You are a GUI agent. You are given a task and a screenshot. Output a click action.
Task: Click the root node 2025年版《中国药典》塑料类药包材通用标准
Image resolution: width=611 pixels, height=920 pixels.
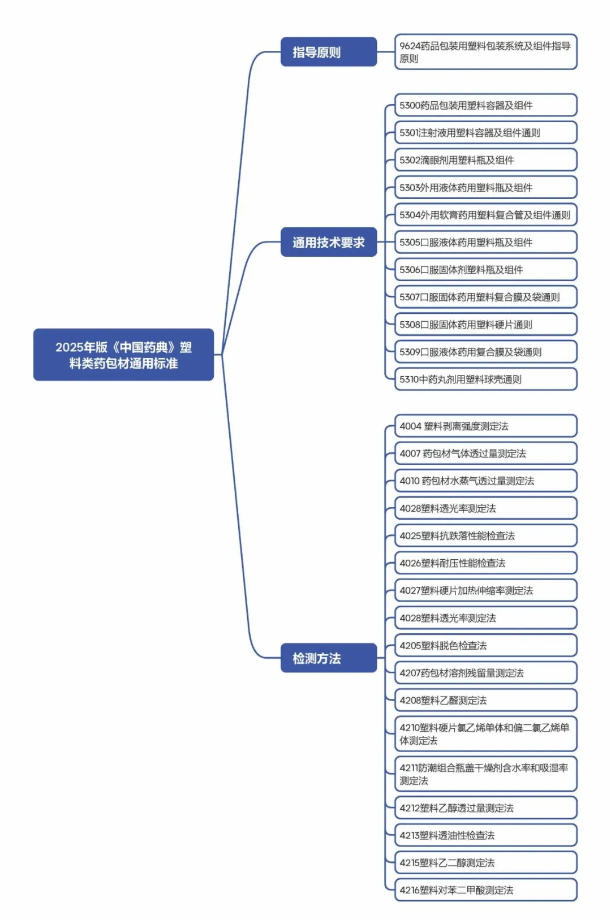point(123,355)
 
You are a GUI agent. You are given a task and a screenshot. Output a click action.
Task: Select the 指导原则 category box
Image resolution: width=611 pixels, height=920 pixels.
point(328,52)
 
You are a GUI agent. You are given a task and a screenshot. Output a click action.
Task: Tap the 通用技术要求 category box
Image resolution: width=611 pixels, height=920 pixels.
point(328,243)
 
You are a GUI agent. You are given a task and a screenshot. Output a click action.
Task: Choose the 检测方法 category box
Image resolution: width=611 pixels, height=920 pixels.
point(328,658)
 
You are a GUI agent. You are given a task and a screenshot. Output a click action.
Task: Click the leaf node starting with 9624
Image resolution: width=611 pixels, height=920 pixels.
point(485,52)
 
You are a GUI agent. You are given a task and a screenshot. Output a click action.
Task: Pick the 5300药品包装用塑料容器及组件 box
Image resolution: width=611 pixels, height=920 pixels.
point(485,105)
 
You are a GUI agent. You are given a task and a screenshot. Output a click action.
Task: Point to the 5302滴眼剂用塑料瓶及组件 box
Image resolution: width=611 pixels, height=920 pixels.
point(485,160)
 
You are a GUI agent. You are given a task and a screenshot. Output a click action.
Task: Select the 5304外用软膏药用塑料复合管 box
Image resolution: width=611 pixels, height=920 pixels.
point(485,215)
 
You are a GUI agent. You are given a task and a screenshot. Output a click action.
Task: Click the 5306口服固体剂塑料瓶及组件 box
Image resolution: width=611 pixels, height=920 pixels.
point(485,270)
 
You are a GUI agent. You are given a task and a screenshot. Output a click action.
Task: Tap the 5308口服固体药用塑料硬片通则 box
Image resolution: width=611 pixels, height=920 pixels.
point(485,325)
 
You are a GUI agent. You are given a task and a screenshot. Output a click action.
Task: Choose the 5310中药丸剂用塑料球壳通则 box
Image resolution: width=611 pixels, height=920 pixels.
point(485,379)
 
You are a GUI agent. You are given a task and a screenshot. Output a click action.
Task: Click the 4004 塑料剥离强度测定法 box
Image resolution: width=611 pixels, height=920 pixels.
point(485,426)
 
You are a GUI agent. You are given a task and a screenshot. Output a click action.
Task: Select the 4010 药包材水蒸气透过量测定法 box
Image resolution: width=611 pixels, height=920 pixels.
point(485,481)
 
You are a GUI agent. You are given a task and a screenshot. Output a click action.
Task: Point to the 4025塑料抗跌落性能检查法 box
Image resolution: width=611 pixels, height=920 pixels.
point(485,535)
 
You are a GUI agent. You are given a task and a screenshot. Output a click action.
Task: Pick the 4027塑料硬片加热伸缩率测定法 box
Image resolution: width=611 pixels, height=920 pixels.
point(485,590)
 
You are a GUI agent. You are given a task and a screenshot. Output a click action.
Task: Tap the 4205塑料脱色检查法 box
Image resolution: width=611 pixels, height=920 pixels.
point(485,645)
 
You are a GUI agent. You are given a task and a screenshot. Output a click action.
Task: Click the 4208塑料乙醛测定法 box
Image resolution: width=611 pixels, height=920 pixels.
point(485,700)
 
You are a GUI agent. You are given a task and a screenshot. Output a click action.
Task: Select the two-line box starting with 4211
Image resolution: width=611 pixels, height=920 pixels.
point(485,774)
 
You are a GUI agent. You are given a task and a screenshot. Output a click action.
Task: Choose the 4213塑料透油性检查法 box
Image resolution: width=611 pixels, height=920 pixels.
point(485,835)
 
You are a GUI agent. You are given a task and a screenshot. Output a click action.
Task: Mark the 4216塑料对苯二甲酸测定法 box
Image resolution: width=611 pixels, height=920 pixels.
point(485,890)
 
